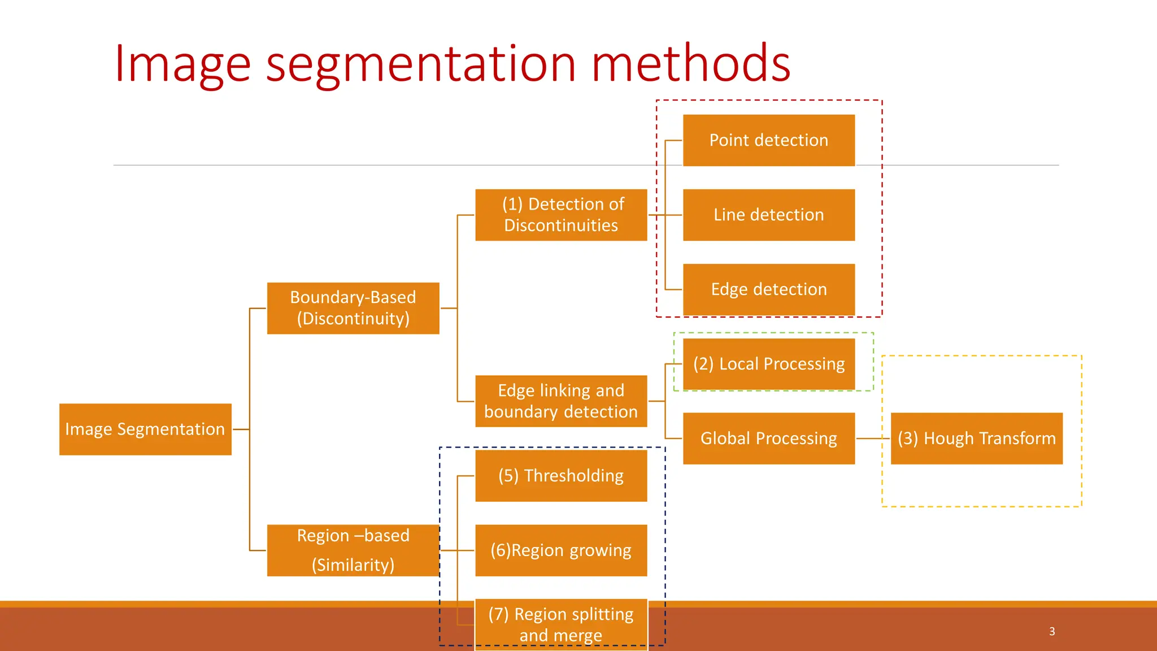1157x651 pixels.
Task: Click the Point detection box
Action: pos(768,140)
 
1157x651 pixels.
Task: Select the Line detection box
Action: pos(768,215)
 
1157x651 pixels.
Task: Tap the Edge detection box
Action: pos(768,289)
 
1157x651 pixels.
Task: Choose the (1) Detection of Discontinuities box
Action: pos(561,215)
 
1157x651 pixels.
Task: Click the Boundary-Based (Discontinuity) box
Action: pos(353,308)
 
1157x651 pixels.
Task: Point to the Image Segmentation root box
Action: pos(145,429)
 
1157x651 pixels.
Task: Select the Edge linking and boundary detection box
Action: pos(561,401)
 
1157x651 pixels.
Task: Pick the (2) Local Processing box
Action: pos(768,364)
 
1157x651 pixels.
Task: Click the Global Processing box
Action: pos(768,439)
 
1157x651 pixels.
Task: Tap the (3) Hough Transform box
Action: pos(976,439)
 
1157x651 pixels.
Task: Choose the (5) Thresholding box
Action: pos(561,476)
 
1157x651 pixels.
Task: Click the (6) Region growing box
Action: pos(561,550)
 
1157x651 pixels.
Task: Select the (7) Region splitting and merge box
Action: pos(561,624)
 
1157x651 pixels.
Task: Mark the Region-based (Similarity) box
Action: pos(353,550)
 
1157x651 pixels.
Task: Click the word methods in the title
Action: pos(690,63)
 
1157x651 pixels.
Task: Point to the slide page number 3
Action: pos(1052,631)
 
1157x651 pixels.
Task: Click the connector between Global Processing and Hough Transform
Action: pos(873,439)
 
